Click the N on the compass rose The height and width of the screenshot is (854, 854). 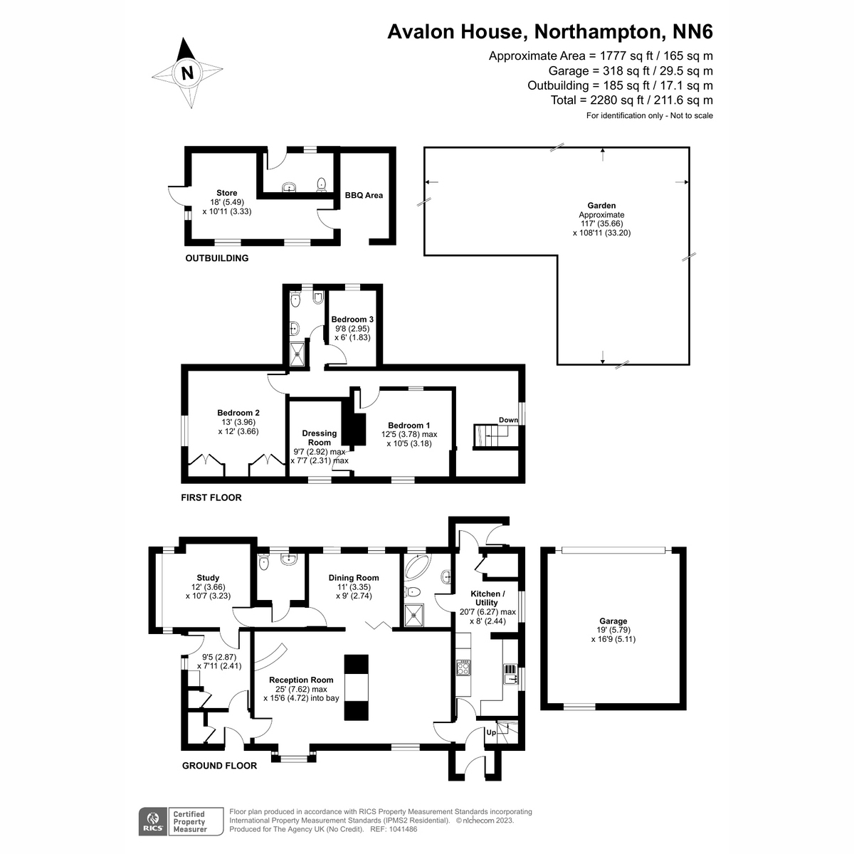point(187,73)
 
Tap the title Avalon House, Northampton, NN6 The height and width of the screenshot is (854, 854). point(549,32)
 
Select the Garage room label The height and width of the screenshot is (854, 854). point(613,621)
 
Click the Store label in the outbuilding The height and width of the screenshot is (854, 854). point(227,193)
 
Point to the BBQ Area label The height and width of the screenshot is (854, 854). point(364,195)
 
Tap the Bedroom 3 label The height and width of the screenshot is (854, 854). point(352,320)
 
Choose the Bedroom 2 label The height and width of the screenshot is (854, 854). point(238,413)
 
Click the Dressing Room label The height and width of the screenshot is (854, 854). point(320,438)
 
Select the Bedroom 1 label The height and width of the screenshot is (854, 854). point(409,426)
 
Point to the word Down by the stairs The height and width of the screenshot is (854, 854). point(508,420)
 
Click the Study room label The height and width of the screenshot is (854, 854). point(208,578)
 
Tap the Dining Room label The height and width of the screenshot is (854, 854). point(354,578)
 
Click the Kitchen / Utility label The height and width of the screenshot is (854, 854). point(488,598)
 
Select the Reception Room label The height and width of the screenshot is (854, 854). point(301,680)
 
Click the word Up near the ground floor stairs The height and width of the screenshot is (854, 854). point(491,732)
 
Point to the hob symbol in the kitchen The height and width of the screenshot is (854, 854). point(464,668)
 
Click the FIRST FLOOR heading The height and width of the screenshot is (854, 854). point(211,497)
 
